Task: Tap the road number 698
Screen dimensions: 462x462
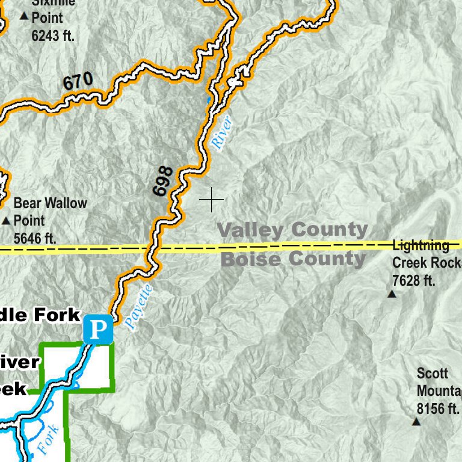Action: (x=163, y=181)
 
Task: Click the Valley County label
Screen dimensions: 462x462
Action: (x=292, y=229)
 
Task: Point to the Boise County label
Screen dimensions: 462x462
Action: (x=294, y=259)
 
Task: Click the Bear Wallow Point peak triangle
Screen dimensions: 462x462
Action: (x=6, y=221)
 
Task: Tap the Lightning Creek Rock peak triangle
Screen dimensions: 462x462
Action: (x=392, y=294)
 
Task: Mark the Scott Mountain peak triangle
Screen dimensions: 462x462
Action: (x=416, y=422)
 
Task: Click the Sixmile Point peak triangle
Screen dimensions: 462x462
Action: (x=24, y=16)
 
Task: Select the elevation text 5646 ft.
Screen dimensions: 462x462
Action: (x=35, y=238)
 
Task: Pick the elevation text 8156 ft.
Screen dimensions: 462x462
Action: (x=438, y=408)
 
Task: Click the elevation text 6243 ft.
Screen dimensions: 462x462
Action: (x=53, y=35)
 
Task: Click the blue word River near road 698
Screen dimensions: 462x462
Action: (x=221, y=132)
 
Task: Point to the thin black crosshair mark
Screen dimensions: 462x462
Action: (x=211, y=199)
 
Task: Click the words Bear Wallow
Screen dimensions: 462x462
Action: (x=50, y=203)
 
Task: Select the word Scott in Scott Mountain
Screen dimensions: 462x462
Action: (x=433, y=374)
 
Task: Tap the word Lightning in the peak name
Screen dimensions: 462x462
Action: (x=420, y=245)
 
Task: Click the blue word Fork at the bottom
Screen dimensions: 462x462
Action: (x=48, y=439)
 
